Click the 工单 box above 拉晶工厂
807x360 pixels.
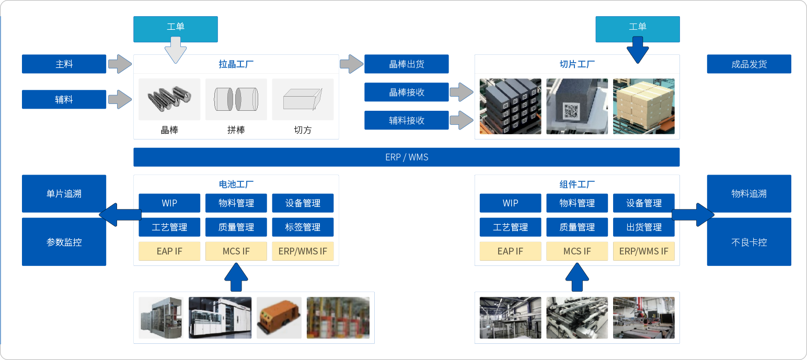[x=175, y=27]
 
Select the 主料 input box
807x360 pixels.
[x=64, y=64]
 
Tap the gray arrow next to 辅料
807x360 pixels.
[x=120, y=99]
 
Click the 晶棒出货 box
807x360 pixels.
[x=406, y=64]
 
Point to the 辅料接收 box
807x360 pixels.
[x=406, y=121]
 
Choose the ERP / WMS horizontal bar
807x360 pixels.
[x=406, y=157]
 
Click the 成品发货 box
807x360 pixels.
[x=748, y=64]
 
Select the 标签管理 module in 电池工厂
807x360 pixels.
[x=303, y=227]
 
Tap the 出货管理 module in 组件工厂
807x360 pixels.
[x=643, y=227]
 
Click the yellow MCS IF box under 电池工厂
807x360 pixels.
[x=236, y=251]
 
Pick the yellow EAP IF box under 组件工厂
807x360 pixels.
[x=510, y=251]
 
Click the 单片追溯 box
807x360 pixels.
[x=64, y=194]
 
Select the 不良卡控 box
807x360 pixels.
[x=748, y=242]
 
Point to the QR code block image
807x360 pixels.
[x=577, y=106]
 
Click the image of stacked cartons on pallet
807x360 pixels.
[x=643, y=106]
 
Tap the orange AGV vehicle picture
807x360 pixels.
[x=279, y=318]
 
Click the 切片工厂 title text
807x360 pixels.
[x=577, y=65]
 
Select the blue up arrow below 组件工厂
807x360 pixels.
[x=577, y=277]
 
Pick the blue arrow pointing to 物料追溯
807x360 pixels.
[x=693, y=215]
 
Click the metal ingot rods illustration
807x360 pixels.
[x=169, y=99]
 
